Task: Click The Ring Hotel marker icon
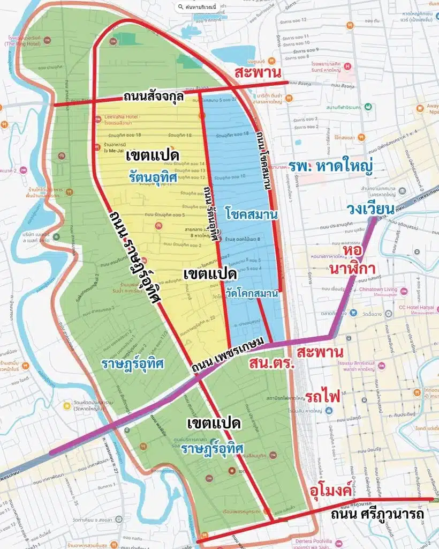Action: coord(47,40)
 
